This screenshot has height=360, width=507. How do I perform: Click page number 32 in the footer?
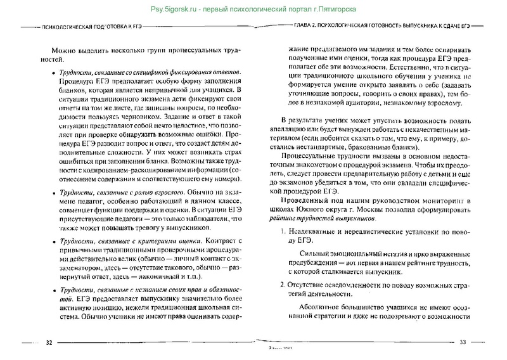(x=49, y=343)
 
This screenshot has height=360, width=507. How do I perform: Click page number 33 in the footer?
(x=463, y=343)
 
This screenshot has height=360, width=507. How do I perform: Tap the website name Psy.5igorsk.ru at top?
(x=178, y=8)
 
